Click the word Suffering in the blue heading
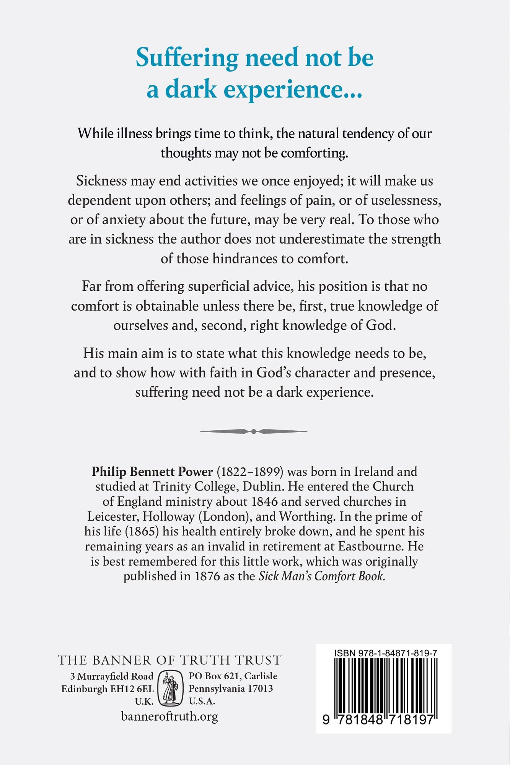tap(187, 58)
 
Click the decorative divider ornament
tap(254, 431)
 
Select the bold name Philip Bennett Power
tap(152, 472)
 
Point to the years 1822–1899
tap(250, 472)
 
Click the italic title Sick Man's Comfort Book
tap(322, 576)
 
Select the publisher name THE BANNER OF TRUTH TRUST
tap(169, 660)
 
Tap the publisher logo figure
tap(171, 688)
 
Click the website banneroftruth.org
tap(169, 716)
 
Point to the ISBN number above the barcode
tap(386, 653)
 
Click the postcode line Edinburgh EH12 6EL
tap(108, 689)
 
